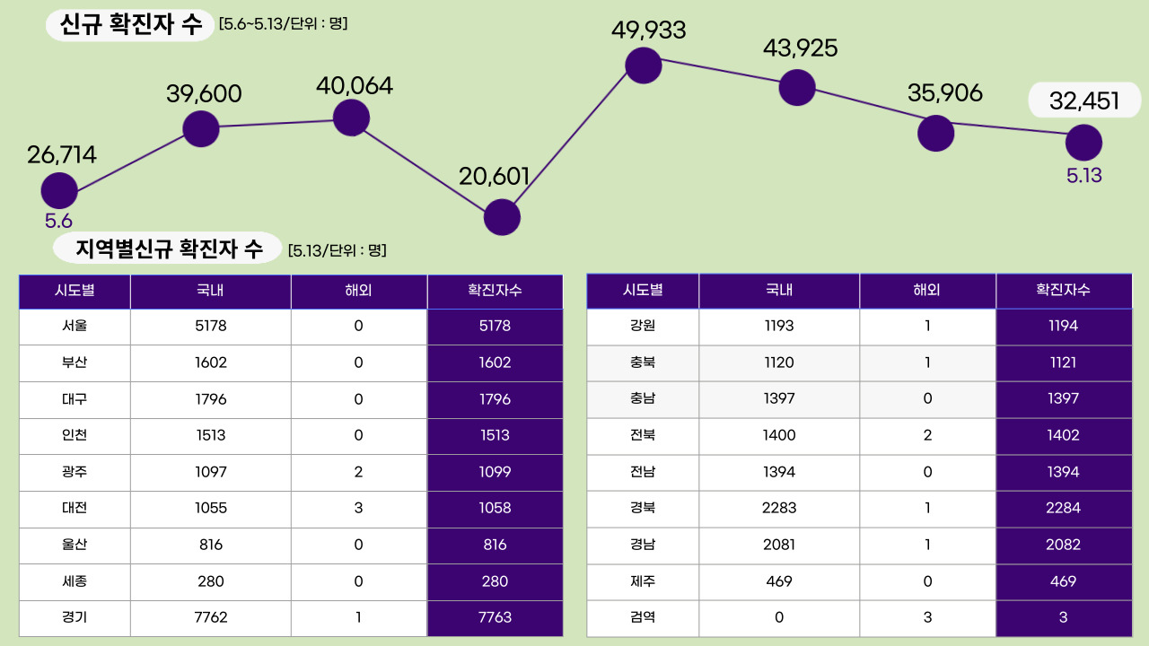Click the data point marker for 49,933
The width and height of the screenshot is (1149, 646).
click(643, 65)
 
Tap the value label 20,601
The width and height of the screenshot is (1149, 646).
click(494, 176)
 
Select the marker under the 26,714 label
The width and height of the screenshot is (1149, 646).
click(59, 190)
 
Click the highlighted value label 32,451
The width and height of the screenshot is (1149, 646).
click(1084, 101)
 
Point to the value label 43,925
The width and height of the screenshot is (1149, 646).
click(800, 48)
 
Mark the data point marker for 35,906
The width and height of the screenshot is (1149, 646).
click(935, 133)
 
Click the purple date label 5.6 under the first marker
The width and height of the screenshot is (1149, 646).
click(58, 221)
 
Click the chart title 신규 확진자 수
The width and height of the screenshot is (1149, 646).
click(131, 25)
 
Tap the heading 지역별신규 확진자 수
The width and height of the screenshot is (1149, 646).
click(169, 249)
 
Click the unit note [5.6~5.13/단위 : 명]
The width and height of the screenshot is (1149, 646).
click(283, 23)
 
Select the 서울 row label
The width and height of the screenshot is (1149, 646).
click(75, 326)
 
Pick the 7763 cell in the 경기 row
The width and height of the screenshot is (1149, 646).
click(495, 617)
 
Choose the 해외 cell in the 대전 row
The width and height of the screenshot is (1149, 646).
click(358, 508)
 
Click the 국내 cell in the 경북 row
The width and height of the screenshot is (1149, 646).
click(778, 508)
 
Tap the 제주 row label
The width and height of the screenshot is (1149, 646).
click(642, 581)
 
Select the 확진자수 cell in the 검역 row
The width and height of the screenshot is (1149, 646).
click(1063, 617)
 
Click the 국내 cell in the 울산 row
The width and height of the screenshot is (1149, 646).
click(210, 545)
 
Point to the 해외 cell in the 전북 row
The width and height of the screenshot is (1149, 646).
click(927, 435)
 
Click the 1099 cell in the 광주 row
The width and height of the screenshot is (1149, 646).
click(495, 472)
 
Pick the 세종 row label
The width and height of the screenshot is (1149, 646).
click(75, 581)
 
